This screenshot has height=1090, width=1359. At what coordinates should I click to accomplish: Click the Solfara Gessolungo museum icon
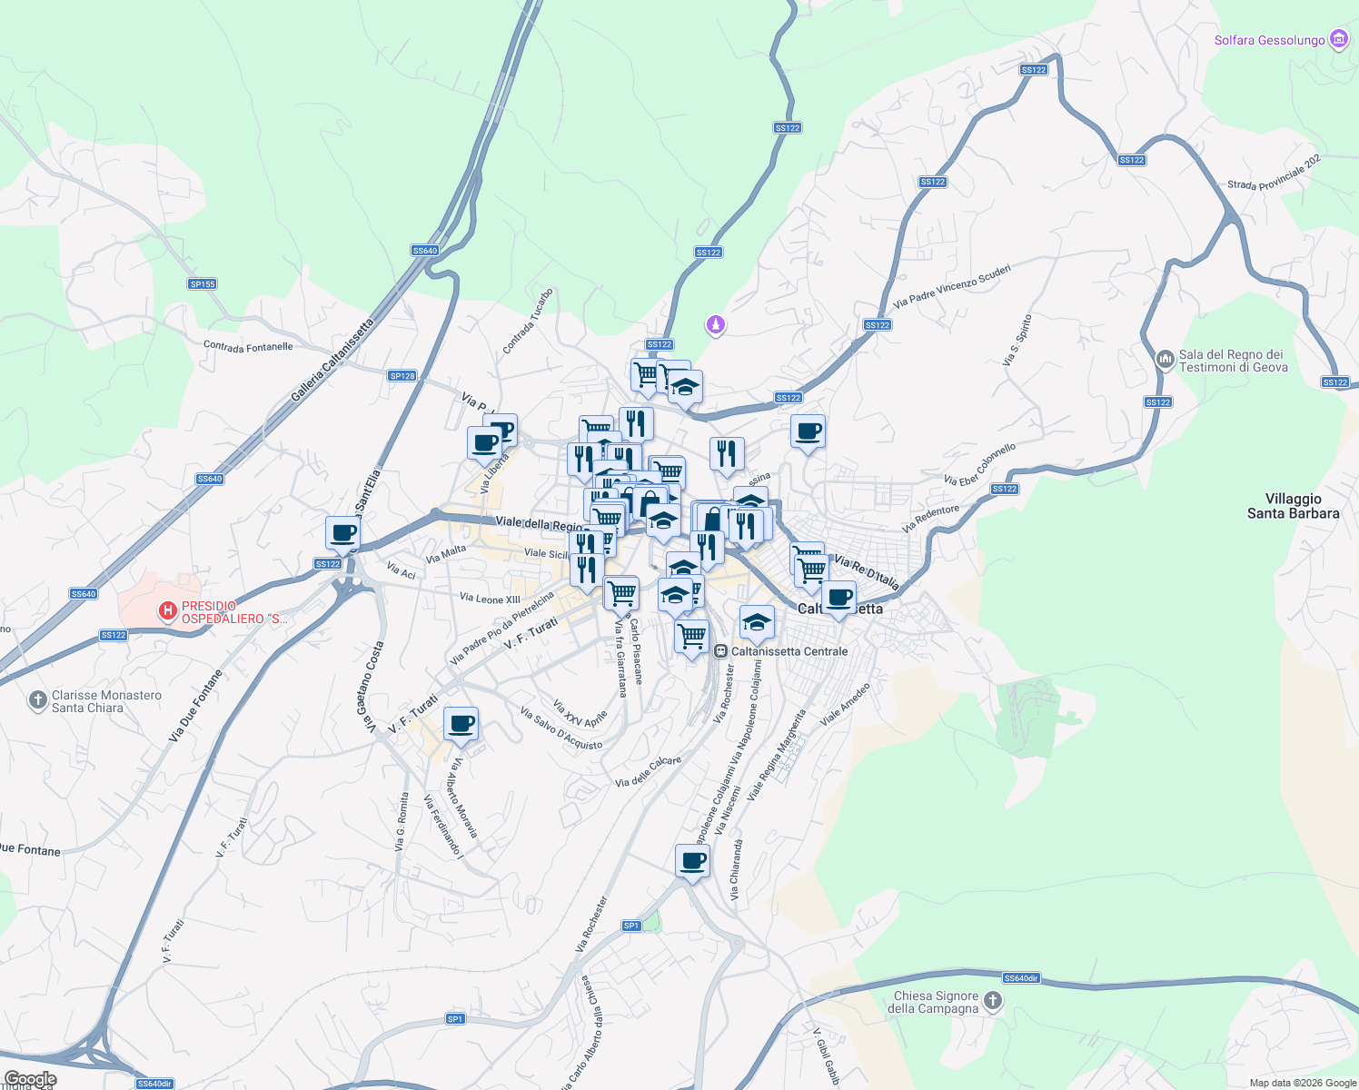point(1338,40)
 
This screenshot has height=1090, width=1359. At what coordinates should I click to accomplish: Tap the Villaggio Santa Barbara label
point(1293,506)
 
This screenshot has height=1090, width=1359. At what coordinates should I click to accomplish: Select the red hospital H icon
point(167,611)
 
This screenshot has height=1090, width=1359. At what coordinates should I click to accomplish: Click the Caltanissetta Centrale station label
point(789,651)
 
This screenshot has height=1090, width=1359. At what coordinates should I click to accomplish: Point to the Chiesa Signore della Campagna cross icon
point(993,1001)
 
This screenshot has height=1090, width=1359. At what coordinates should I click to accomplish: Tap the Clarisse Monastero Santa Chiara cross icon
point(37,700)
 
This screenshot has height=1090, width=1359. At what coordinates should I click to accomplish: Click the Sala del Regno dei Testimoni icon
point(1166,361)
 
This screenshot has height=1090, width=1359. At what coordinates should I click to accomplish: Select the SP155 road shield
point(202,284)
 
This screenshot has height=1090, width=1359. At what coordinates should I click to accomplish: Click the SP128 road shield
point(402,376)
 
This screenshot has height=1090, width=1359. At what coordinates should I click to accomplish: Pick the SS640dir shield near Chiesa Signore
point(1021,978)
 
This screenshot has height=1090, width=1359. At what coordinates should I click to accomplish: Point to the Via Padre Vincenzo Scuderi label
point(951,286)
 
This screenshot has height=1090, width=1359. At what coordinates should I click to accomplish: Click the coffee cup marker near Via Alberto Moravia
point(461,724)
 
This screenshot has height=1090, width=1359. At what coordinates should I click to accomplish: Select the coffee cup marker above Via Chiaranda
point(692,861)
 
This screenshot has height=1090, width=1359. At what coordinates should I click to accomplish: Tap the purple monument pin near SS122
point(716,324)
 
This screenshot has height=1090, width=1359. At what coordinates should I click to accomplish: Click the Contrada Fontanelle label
point(248,347)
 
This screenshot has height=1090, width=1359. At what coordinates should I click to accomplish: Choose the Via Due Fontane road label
point(194,706)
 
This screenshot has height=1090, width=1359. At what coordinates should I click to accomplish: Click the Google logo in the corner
point(30,1079)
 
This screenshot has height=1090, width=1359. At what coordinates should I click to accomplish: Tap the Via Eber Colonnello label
point(979,464)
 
